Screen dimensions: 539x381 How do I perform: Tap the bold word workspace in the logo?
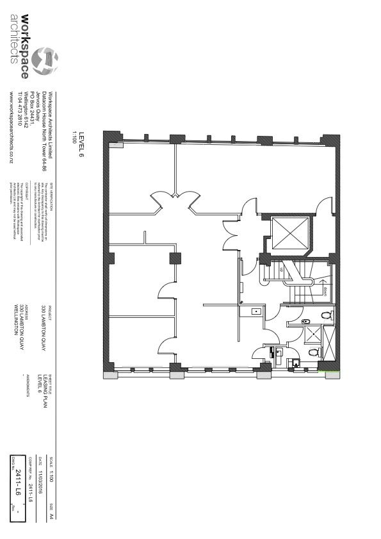[x=25, y=46]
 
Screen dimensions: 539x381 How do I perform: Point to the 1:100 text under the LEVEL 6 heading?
[x=74, y=137]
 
